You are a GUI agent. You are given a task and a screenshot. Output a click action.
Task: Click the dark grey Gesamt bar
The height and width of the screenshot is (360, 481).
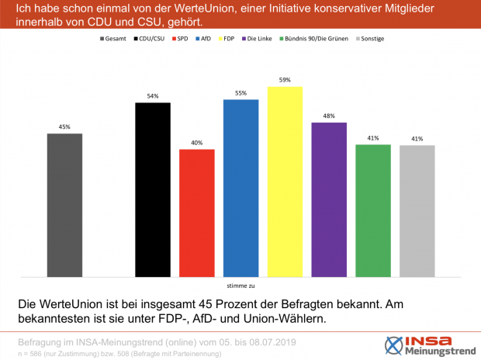coord(64,205)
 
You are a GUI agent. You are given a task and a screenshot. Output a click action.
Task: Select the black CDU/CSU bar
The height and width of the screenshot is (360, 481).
coord(153,189)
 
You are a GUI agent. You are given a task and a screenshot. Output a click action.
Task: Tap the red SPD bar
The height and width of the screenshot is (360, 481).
coord(196,213)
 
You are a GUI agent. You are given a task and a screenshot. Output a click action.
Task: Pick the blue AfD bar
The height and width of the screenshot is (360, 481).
coord(240,188)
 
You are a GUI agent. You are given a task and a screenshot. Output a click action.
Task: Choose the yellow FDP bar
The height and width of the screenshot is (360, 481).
coord(284,182)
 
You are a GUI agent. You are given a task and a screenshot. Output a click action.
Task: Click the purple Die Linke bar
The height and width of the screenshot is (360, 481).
coord(328,199)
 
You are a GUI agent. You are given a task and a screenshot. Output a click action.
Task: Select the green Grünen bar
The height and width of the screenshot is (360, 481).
coord(372,210)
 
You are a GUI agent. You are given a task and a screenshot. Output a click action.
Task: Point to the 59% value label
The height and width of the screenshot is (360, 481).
coord(285,79)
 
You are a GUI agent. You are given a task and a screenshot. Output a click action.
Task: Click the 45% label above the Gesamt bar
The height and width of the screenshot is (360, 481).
coord(64,126)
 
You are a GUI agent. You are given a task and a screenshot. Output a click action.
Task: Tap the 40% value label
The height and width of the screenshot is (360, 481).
coord(196,142)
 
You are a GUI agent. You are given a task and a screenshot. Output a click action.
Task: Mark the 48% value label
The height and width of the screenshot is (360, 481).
coord(328,116)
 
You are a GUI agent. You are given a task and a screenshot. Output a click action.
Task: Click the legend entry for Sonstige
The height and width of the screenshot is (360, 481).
coord(370,38)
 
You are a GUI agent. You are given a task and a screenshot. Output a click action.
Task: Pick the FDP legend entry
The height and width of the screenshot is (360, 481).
coord(227,38)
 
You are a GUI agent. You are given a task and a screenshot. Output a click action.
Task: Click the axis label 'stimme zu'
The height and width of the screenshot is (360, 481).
coord(240,285)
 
